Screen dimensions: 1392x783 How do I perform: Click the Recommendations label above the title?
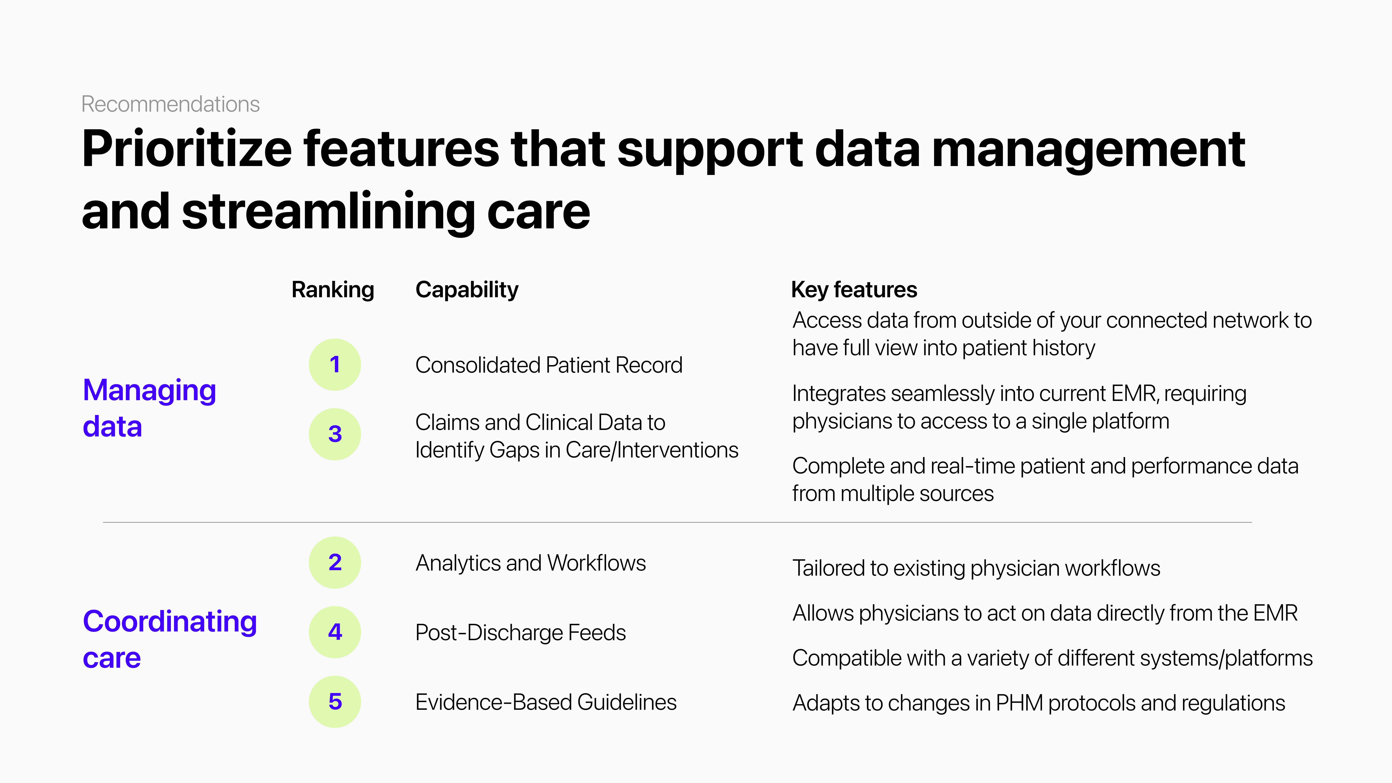click(x=170, y=104)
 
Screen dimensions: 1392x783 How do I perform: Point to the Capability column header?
click(x=467, y=290)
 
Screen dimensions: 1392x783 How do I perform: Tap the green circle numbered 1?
click(x=335, y=365)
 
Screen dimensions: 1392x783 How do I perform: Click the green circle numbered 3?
click(x=335, y=434)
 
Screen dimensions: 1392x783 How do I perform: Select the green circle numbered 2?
click(x=335, y=563)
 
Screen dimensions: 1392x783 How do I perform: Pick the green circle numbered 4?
click(x=335, y=632)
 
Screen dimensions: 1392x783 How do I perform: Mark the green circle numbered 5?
click(x=335, y=702)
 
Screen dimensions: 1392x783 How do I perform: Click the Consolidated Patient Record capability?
click(x=549, y=365)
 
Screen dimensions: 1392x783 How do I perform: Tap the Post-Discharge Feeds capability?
click(x=520, y=633)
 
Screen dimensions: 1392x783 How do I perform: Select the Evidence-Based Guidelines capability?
click(x=546, y=703)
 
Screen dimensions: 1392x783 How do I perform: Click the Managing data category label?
click(x=150, y=409)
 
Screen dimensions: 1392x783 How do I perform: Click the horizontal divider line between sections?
click(x=677, y=523)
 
